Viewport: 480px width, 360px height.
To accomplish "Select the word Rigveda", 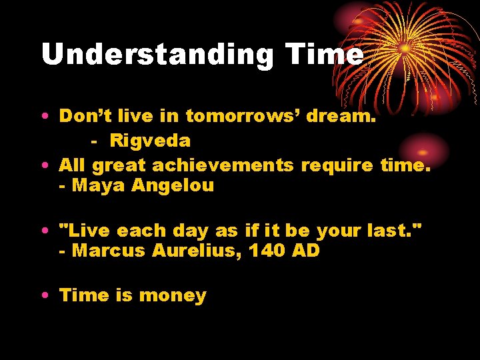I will (150, 141).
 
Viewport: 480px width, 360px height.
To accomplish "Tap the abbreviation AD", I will (305, 251).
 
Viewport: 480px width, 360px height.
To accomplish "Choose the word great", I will (119, 165).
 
